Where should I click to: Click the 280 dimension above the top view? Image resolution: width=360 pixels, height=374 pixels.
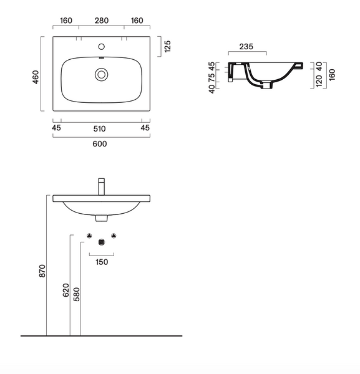point(102,21)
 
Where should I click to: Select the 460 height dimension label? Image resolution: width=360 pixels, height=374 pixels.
point(36,77)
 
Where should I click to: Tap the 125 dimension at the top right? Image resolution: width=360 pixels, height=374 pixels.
point(168,46)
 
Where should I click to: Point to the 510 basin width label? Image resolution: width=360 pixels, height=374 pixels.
point(99,129)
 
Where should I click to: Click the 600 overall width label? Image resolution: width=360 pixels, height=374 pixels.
point(100,144)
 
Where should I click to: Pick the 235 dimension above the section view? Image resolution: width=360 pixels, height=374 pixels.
point(246,47)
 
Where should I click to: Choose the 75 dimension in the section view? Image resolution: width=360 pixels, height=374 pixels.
point(212,77)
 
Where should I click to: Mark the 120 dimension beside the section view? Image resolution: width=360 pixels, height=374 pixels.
point(319,80)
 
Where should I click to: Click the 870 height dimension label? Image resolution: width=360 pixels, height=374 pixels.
point(42,271)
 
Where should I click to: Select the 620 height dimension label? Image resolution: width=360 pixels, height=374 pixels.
point(66,290)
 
